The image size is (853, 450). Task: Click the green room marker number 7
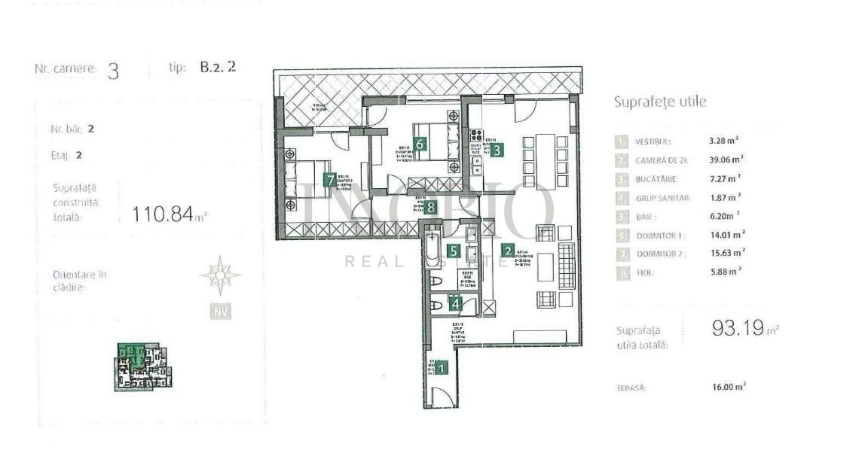(x=329, y=180)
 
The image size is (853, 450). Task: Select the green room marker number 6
(x=420, y=144)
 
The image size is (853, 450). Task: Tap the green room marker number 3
(x=497, y=149)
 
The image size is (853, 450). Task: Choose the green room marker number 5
(x=453, y=251)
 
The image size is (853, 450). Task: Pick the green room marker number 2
(x=509, y=251)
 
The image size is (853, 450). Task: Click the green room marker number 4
(x=454, y=303)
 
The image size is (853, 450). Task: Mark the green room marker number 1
(x=442, y=368)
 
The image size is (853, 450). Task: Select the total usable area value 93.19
(x=740, y=328)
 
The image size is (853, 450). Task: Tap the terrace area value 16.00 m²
(x=728, y=387)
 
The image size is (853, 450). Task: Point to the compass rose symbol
(x=220, y=275)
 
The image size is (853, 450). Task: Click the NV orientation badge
(x=220, y=312)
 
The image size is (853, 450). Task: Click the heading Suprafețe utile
(x=660, y=102)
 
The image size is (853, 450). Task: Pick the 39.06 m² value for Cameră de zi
(x=726, y=160)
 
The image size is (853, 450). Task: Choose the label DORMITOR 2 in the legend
(x=661, y=254)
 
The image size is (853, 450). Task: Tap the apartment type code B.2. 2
(x=218, y=67)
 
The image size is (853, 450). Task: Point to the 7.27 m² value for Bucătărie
(x=724, y=178)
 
